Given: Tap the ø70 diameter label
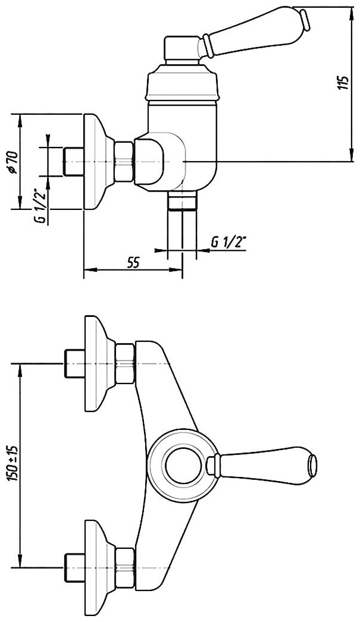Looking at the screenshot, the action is [11, 162].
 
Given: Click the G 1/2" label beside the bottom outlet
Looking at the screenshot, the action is [228, 243].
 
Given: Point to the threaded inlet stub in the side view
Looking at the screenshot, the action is [72, 161].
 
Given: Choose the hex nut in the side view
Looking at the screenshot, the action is [124, 161].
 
